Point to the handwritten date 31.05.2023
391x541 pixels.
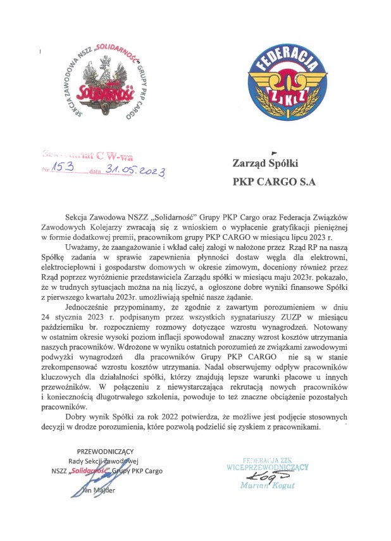[134, 170]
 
